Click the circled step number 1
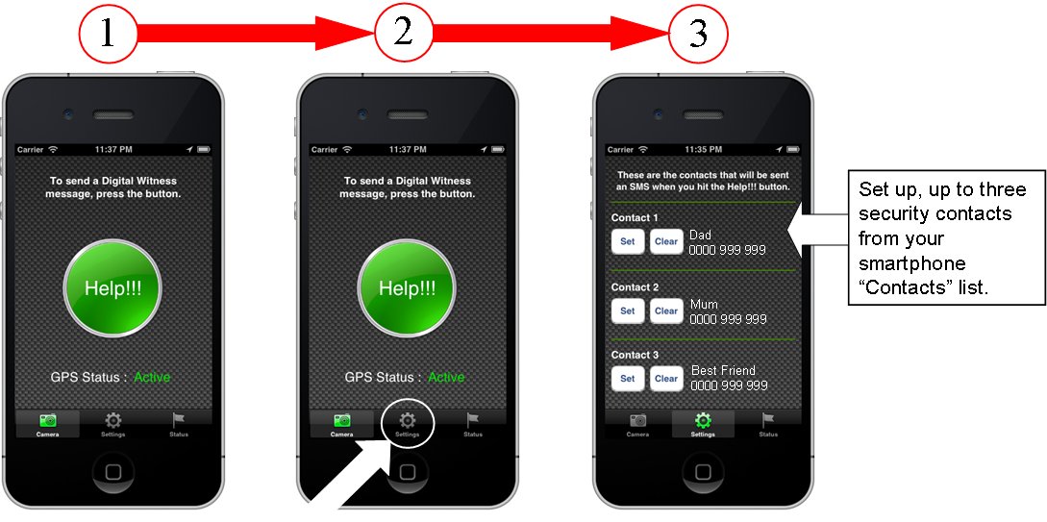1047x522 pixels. [x=109, y=33]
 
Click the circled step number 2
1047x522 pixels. [x=403, y=33]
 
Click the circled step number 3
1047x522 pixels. [x=698, y=33]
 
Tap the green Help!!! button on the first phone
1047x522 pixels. [x=112, y=288]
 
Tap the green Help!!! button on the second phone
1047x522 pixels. [x=408, y=288]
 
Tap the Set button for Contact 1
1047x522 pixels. [x=628, y=241]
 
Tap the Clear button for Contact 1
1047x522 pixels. [x=666, y=241]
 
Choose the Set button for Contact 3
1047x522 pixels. [x=628, y=379]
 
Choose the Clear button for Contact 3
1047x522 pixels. [x=666, y=379]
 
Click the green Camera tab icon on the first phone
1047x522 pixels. [x=47, y=420]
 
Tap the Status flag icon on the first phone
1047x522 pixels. [x=178, y=420]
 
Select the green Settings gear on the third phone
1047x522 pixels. [x=703, y=420]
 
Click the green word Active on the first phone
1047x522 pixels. [x=152, y=377]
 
